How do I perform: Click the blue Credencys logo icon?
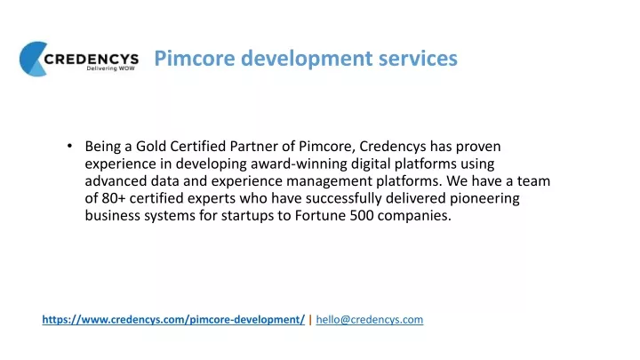(32, 59)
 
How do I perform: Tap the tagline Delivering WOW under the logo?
(110, 68)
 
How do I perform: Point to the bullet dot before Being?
(70, 146)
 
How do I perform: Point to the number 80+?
(114, 198)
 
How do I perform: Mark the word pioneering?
(484, 199)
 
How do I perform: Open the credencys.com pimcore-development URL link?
(173, 320)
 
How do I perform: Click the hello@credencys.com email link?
(370, 320)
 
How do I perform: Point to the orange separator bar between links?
(310, 320)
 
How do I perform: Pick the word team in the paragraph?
(533, 180)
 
